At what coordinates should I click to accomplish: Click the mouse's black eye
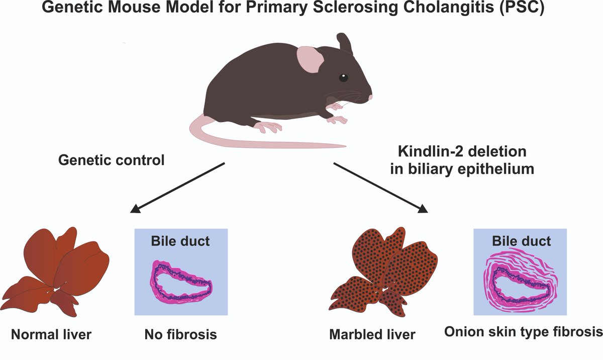click(343, 77)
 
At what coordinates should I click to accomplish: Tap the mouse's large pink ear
click(309, 59)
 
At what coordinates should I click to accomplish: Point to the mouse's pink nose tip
click(371, 97)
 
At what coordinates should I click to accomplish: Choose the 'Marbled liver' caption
click(372, 334)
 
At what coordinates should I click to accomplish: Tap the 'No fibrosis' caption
click(180, 334)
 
